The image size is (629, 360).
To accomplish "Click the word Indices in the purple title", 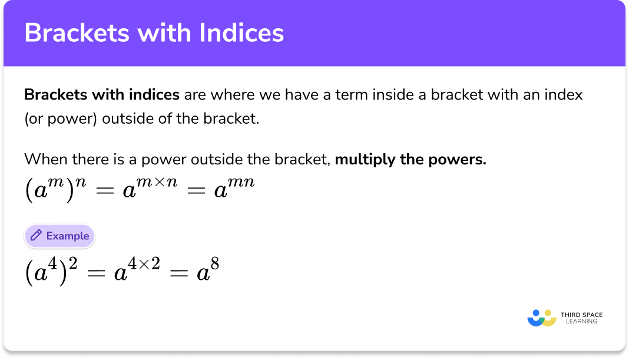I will pyautogui.click(x=241, y=33).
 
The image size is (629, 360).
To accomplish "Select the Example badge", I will pyautogui.click(x=59, y=236).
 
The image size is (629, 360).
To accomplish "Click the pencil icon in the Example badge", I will pyautogui.click(x=36, y=236).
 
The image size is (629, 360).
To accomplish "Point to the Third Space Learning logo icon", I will pyautogui.click(x=542, y=318).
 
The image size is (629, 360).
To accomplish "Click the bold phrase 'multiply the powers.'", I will pyautogui.click(x=410, y=160).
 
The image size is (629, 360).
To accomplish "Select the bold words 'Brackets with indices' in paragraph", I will pyautogui.click(x=102, y=94).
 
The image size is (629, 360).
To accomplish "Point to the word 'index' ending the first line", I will pyautogui.click(x=565, y=94).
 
